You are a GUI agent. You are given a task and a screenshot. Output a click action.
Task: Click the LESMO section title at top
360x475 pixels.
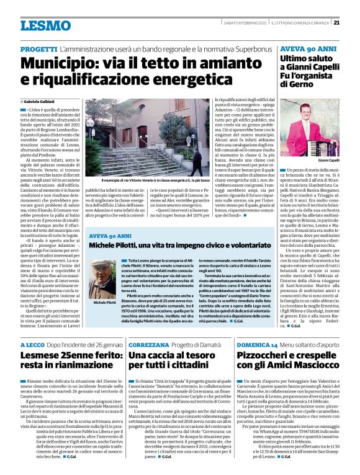(45, 25)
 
